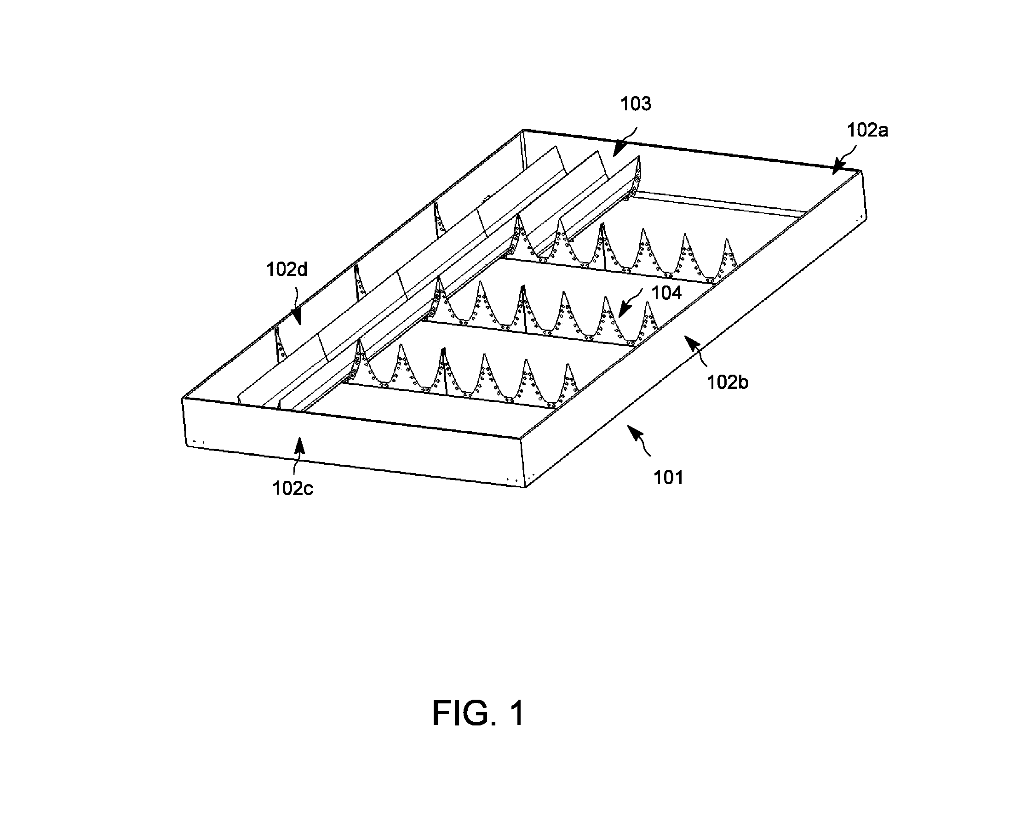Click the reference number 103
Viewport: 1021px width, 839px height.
point(636,104)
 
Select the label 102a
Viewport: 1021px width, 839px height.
point(867,130)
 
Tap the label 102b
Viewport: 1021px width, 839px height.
point(727,382)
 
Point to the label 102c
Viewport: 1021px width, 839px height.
point(293,489)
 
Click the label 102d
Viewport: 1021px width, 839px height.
point(287,269)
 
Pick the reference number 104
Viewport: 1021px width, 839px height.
point(667,292)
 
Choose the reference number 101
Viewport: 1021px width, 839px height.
point(669,478)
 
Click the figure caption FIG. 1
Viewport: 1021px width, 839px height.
point(478,713)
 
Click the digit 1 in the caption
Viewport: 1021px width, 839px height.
point(516,713)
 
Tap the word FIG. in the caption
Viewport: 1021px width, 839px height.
point(464,713)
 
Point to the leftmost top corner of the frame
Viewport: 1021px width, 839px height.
point(183,399)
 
